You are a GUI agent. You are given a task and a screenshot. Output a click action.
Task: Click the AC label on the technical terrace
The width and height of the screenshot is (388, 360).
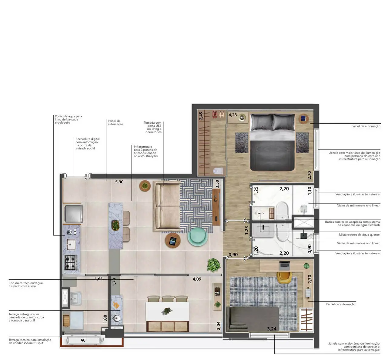[83, 340]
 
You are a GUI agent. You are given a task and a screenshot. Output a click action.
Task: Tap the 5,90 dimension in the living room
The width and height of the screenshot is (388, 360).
[119, 182]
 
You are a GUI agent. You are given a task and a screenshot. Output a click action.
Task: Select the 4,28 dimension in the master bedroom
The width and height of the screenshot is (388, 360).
[232, 115]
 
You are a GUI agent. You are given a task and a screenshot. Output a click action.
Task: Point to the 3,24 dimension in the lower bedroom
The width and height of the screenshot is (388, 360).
[272, 329]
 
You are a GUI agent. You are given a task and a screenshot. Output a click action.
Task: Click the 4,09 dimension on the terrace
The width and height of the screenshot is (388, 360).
[197, 279]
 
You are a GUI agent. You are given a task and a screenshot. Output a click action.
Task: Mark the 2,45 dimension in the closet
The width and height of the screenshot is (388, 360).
[201, 116]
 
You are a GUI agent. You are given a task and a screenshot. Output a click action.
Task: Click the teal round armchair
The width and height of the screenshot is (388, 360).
[197, 237]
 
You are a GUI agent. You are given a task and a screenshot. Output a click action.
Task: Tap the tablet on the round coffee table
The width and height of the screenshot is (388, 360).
[172, 241]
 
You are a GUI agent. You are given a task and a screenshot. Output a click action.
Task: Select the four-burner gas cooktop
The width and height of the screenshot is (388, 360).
[71, 262]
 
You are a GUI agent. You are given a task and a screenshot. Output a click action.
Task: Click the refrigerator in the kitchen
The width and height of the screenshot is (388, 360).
[73, 214]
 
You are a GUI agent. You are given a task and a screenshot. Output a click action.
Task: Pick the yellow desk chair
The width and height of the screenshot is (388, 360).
[284, 277]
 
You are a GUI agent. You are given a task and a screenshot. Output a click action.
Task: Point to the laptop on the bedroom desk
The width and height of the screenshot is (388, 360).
[284, 266]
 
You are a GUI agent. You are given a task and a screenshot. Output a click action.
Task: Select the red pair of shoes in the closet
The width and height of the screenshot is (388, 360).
[215, 115]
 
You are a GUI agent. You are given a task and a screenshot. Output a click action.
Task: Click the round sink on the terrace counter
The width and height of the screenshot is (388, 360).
[116, 318]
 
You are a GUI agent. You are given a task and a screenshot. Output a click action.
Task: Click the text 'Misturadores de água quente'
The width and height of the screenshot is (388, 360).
[359, 235]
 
